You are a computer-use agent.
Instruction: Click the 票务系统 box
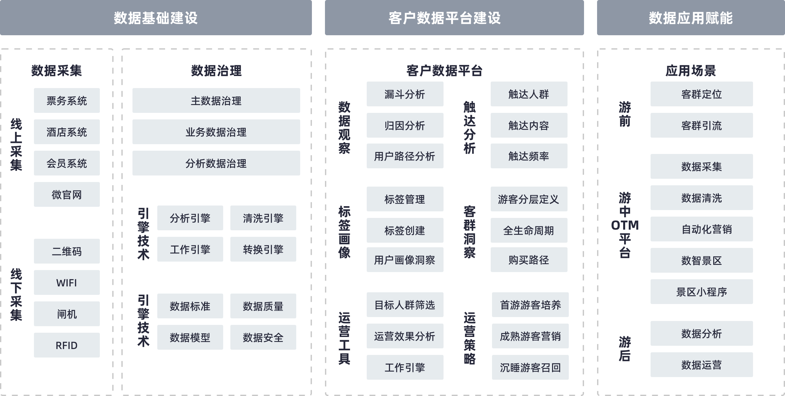click(67, 100)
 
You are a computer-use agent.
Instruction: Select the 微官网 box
click(67, 194)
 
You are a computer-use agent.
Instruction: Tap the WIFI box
click(67, 282)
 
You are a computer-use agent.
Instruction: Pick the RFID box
click(67, 345)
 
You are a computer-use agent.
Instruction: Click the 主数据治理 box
click(216, 100)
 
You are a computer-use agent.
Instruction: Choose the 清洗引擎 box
click(263, 218)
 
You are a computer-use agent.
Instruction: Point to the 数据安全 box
click(263, 337)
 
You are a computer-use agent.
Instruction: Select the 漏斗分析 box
click(405, 94)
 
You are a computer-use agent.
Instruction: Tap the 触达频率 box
click(529, 156)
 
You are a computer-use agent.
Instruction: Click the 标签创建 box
click(405, 230)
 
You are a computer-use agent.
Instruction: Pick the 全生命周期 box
click(529, 230)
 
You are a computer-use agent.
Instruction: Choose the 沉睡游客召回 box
click(530, 367)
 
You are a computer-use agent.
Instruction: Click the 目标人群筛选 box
click(405, 305)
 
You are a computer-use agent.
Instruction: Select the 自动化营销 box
click(701, 229)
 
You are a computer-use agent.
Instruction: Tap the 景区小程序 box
click(701, 292)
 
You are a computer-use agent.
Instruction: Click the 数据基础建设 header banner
click(156, 18)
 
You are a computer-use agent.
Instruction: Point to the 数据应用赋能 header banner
click(691, 18)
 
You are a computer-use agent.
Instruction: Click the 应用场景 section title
click(691, 70)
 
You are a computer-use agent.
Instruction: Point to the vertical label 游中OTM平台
click(625, 225)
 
